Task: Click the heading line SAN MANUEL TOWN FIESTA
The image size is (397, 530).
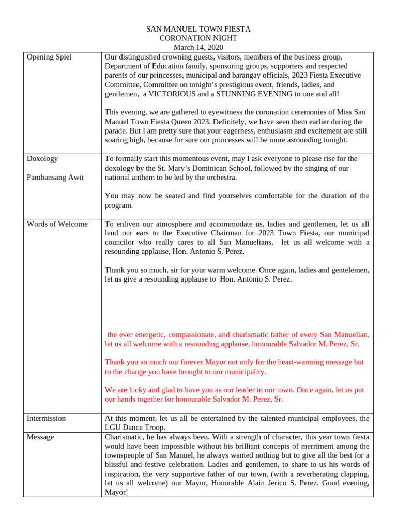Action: [198, 30]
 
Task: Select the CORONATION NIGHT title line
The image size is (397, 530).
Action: [198, 38]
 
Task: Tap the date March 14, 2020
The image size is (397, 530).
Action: [198, 47]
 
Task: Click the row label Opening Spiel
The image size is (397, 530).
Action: [49, 57]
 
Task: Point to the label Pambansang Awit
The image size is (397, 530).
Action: [55, 178]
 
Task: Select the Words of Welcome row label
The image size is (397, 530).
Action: [57, 224]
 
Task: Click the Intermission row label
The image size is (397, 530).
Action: [46, 418]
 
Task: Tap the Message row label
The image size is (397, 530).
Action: [40, 437]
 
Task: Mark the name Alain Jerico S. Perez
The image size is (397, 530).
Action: [286, 483]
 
